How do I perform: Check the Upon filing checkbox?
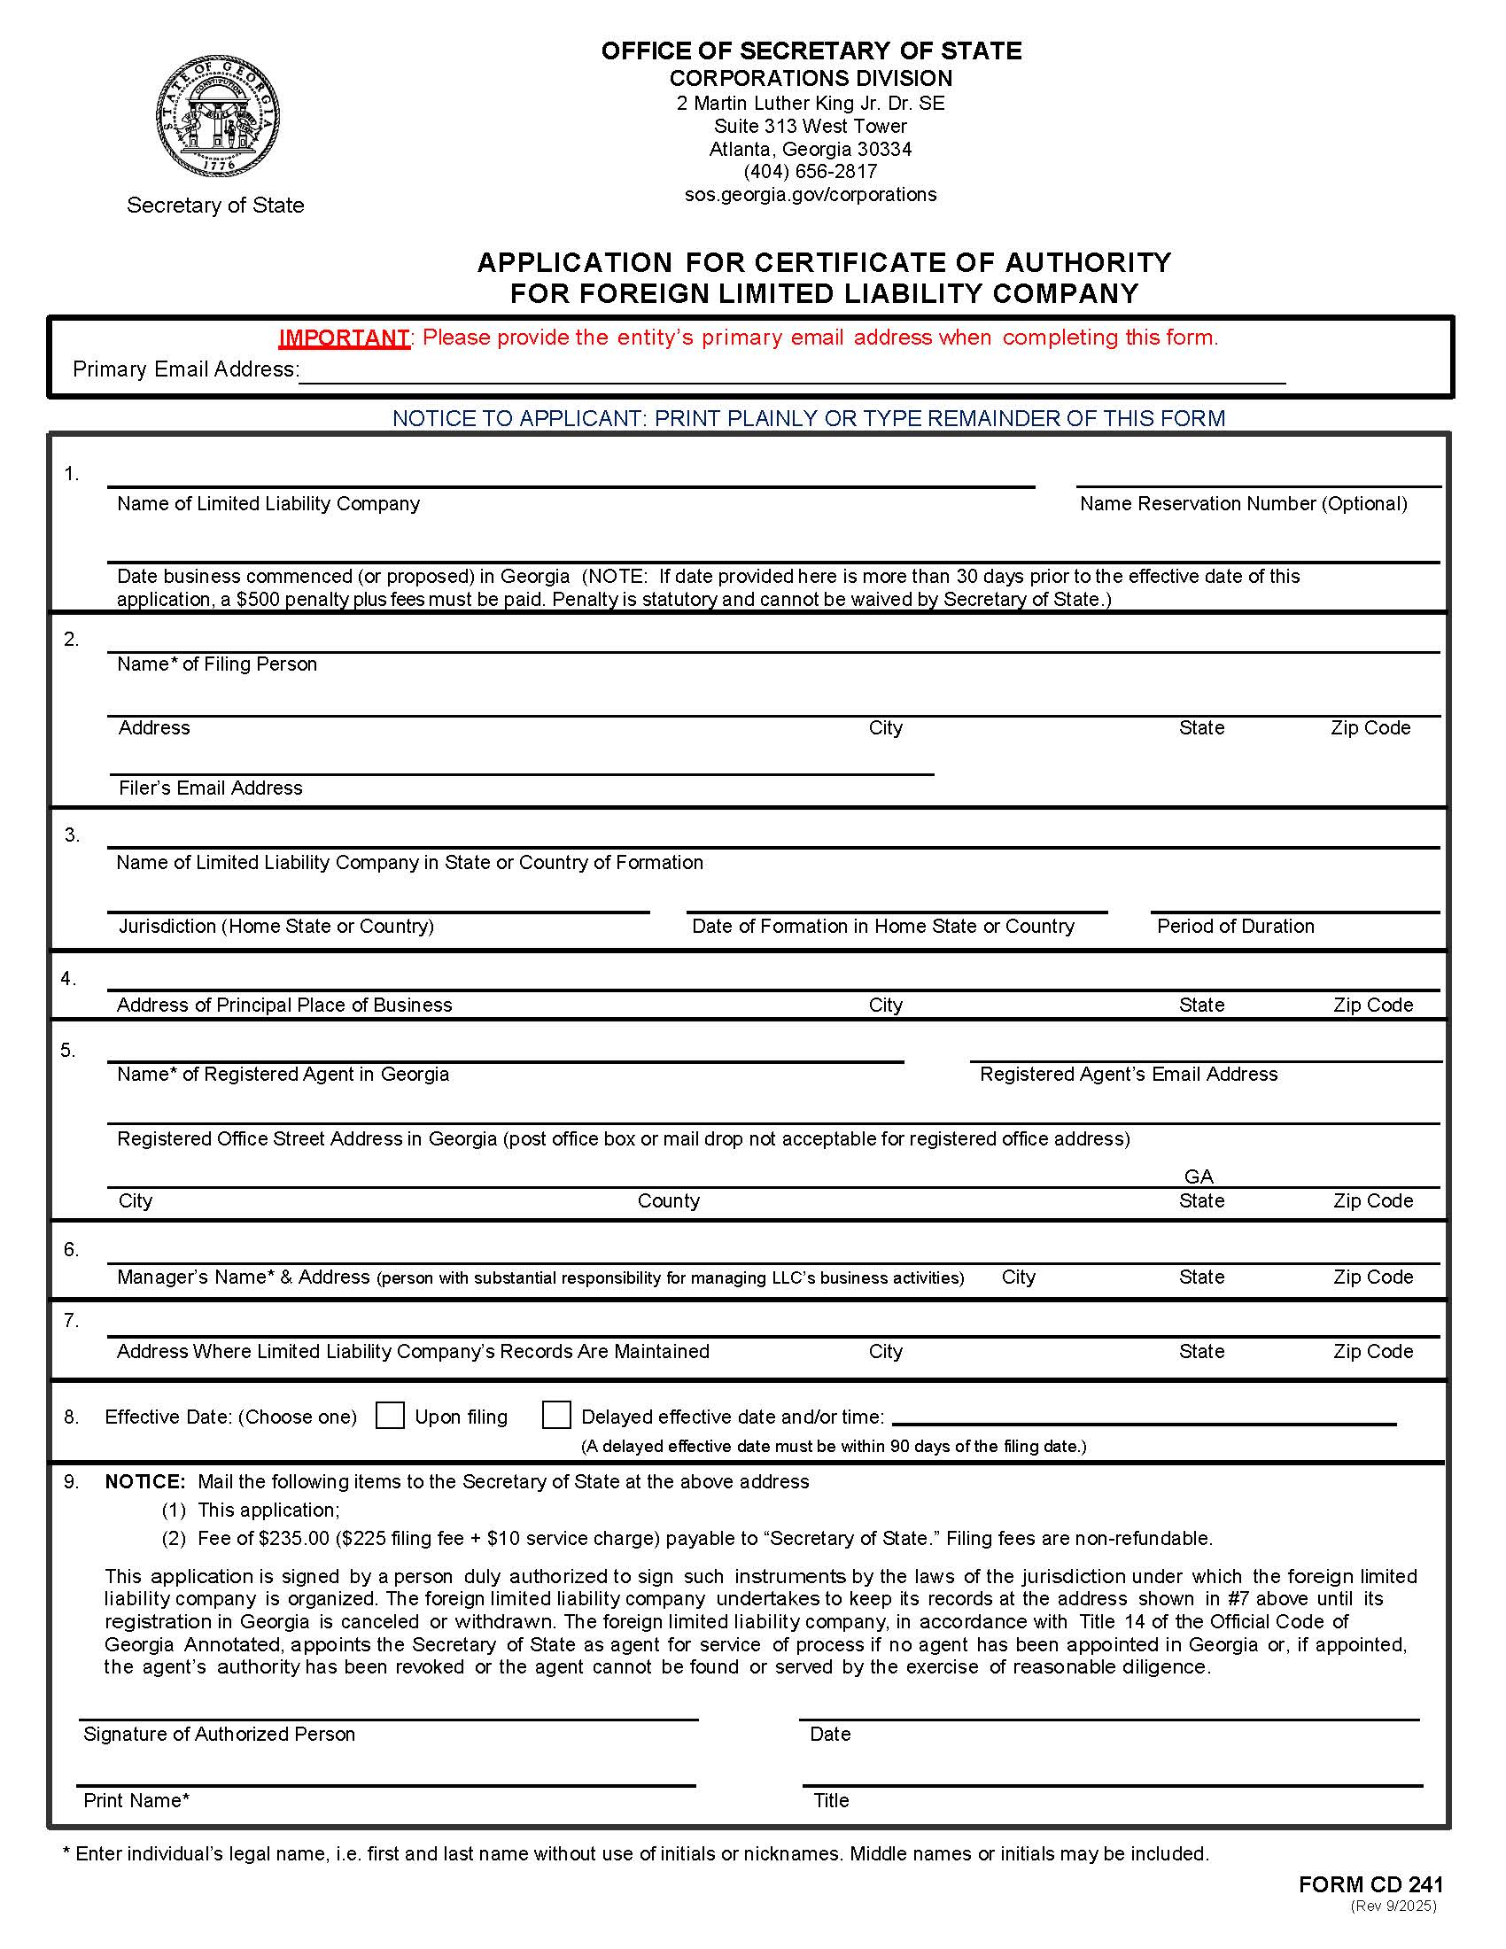click(390, 1416)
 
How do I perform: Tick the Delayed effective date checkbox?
click(556, 1416)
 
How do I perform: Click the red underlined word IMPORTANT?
click(344, 338)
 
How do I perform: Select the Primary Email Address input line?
click(792, 371)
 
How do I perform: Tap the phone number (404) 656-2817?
click(810, 171)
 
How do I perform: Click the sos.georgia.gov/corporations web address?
click(810, 195)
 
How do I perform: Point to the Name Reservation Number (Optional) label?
click(1243, 504)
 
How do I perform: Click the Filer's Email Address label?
click(211, 788)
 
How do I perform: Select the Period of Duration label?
click(1235, 927)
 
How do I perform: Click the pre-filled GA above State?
click(1199, 1176)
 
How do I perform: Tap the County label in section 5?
click(668, 1201)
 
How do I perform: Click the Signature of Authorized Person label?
click(220, 1734)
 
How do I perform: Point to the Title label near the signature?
click(831, 1800)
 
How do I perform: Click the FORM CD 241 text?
click(1370, 1884)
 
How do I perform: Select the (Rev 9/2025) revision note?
click(1393, 1906)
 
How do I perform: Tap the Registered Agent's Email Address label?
click(1128, 1075)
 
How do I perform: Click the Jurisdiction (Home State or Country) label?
click(276, 927)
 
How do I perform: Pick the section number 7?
click(72, 1320)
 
